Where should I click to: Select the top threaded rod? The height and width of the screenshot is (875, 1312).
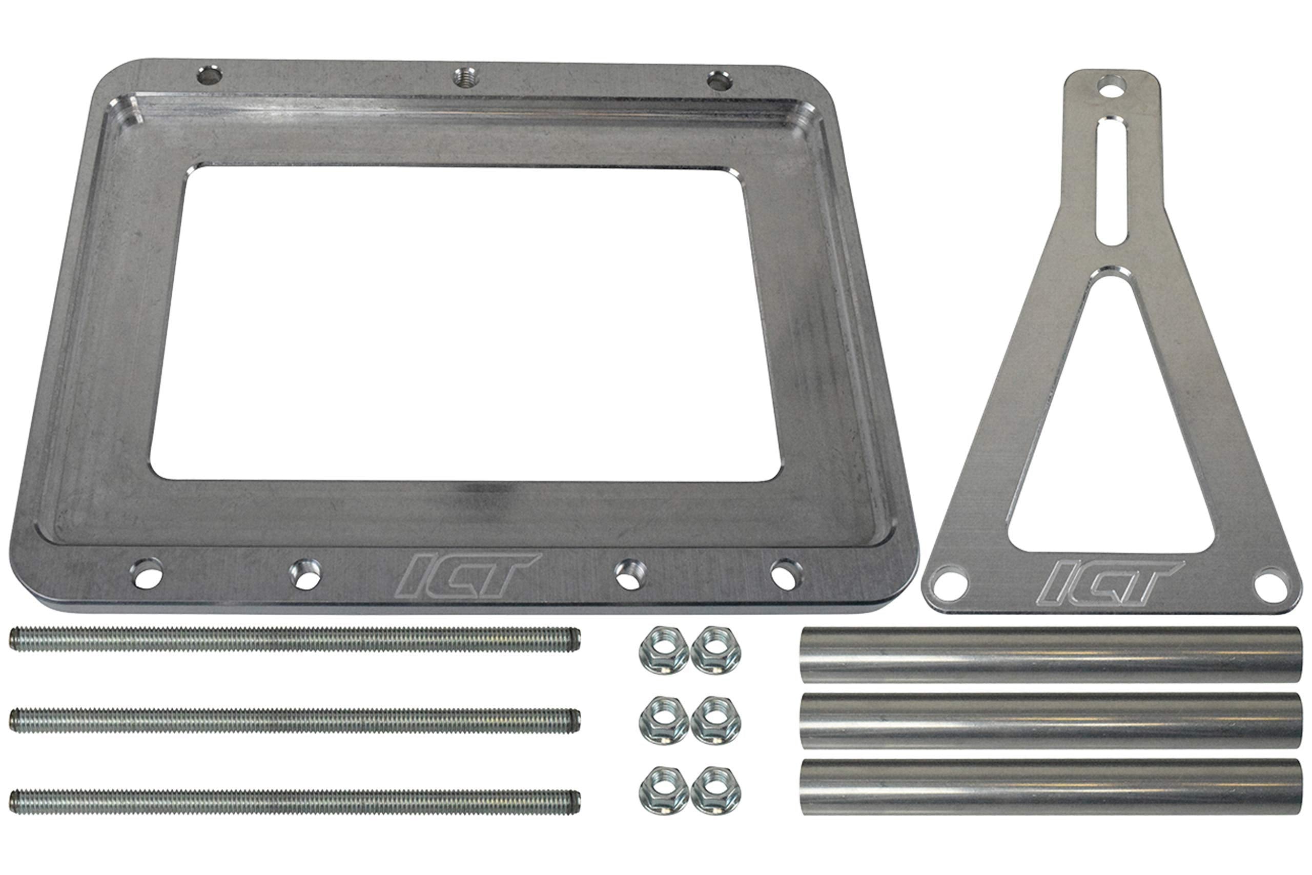[x=295, y=639]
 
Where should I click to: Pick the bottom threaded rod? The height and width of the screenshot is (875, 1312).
[x=295, y=802]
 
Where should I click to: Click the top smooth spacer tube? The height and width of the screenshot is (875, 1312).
[x=1051, y=654]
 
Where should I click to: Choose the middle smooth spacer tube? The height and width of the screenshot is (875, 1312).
[x=1051, y=721]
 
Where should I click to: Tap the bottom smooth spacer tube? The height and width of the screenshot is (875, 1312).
[x=1051, y=786]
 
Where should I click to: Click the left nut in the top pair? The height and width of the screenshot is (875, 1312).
[x=663, y=650]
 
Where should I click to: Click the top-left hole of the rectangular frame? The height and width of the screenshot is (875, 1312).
[x=210, y=75]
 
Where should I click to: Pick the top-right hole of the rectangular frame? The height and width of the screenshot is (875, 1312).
[x=719, y=81]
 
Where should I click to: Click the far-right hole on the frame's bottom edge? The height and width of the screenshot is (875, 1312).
[x=786, y=575]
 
